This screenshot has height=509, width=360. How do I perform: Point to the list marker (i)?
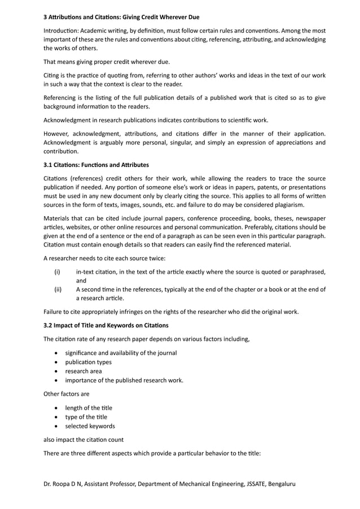click(x=58, y=272)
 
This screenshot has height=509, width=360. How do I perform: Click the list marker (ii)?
click(x=58, y=289)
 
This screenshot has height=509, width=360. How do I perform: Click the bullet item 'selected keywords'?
click(x=90, y=425)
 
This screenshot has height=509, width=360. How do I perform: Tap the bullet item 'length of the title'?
click(x=89, y=407)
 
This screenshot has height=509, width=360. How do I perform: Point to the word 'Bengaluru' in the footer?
click(x=278, y=484)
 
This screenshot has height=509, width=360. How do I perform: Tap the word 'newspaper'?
click(x=308, y=218)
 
